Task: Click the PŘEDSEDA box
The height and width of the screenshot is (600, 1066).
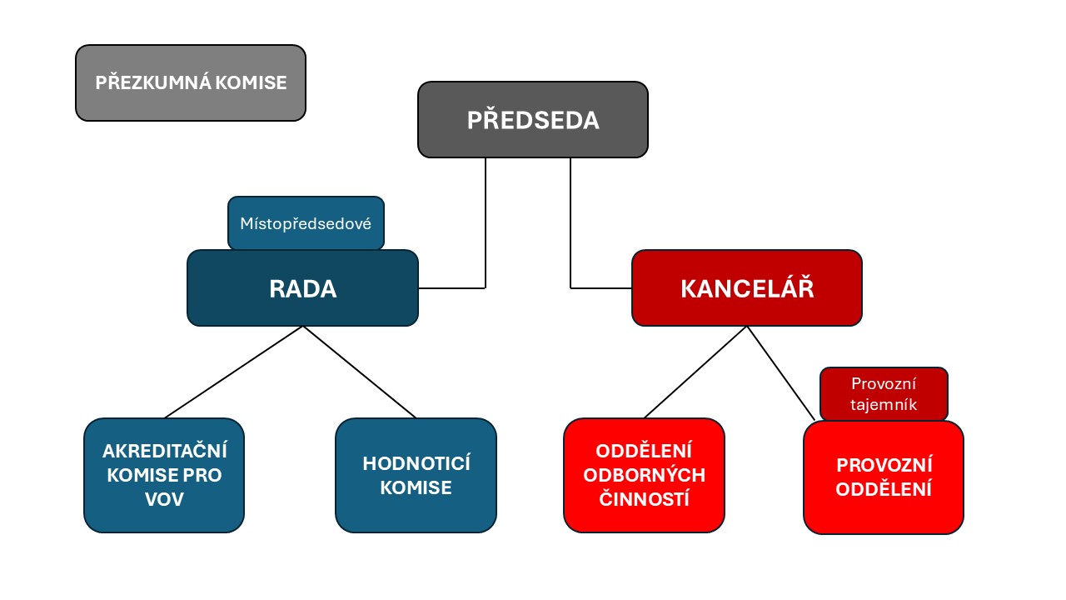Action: pos(532,119)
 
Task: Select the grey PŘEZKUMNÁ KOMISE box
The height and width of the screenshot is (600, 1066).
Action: pos(191,82)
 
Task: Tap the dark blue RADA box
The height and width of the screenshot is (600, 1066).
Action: pos(302,288)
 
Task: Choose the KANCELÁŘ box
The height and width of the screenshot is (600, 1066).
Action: pos(747,288)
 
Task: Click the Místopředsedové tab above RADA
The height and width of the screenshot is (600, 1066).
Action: pos(306,222)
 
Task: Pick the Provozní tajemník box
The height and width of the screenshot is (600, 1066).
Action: pos(884,394)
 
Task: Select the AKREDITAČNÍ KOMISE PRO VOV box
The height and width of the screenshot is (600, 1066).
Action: pos(164,475)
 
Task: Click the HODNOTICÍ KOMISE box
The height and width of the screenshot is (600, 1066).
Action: pos(416,475)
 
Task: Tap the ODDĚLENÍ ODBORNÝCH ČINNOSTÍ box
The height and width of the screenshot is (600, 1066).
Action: pos(644,475)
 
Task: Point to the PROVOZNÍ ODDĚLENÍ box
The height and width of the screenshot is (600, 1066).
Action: pos(884,477)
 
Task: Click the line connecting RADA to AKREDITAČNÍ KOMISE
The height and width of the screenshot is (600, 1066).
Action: pos(234,372)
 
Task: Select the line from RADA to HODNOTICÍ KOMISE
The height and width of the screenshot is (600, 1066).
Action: pos(360,372)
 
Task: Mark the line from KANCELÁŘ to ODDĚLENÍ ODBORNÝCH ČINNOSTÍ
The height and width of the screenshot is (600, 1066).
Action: pos(695,372)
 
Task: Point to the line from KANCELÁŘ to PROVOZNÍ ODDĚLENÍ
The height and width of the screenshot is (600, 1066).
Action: pos(781,373)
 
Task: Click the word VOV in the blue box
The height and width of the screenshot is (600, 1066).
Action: pos(164,499)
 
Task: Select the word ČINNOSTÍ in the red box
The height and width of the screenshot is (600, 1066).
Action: pos(644,498)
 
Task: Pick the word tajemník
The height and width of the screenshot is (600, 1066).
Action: pos(884,405)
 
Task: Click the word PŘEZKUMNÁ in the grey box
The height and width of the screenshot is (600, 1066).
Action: pos(152,82)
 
